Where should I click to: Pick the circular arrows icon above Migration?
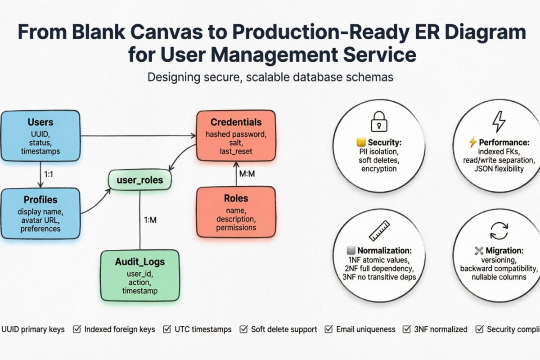click(x=499, y=230)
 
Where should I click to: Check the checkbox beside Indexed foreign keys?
click(x=77, y=329)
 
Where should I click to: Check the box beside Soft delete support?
click(x=243, y=329)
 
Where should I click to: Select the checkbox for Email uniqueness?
click(x=328, y=329)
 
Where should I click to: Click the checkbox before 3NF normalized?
click(x=406, y=329)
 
